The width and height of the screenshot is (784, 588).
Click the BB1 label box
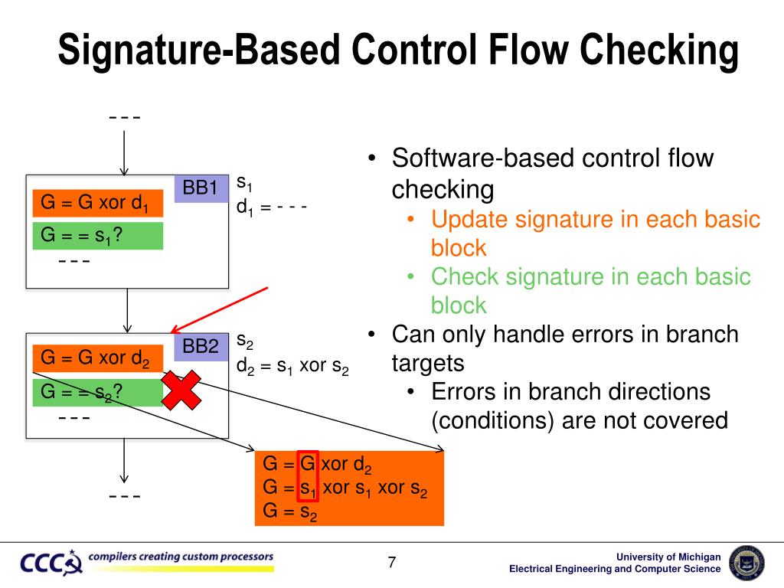tap(201, 188)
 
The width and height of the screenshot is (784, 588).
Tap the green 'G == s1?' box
tap(97, 236)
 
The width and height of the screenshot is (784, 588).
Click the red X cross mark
tap(181, 390)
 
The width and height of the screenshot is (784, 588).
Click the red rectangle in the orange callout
tap(308, 476)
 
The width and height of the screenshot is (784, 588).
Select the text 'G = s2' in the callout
tap(290, 511)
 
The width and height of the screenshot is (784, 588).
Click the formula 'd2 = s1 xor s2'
tap(292, 366)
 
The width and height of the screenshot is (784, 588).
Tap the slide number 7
tap(392, 563)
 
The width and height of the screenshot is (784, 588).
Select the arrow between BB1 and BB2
tap(127, 310)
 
